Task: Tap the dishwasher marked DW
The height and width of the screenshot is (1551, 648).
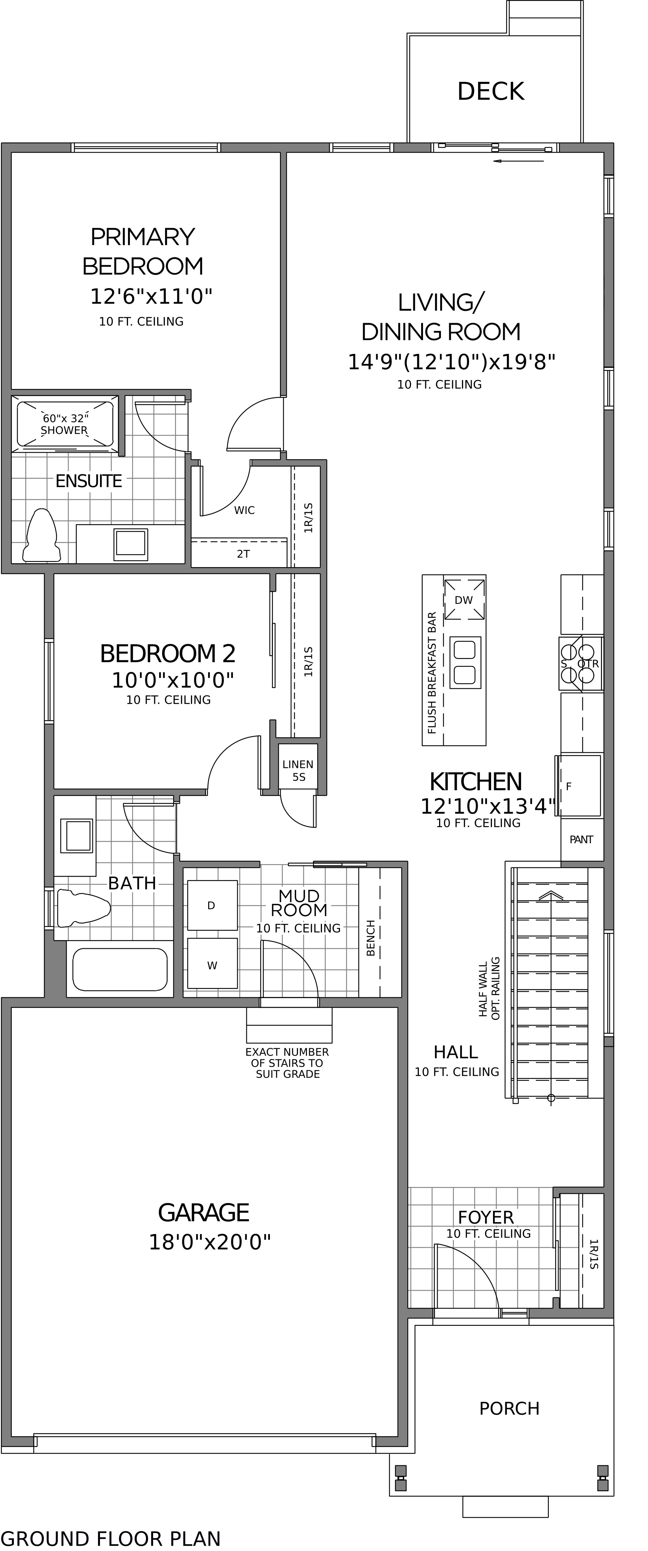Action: click(x=464, y=599)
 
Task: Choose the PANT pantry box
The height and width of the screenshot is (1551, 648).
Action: click(x=582, y=839)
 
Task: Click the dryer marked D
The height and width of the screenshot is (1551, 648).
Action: click(x=212, y=905)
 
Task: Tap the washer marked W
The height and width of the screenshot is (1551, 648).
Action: click(x=212, y=963)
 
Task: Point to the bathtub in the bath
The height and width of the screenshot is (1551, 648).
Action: click(x=120, y=969)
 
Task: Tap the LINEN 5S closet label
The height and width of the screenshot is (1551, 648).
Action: click(x=298, y=771)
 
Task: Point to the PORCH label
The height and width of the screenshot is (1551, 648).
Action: click(x=509, y=1408)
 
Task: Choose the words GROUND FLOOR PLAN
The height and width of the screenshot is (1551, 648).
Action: click(x=111, y=1538)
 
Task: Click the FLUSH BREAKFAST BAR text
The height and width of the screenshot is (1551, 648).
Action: click(x=432, y=673)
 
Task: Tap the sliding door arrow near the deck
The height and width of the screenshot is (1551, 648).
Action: click(x=518, y=161)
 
